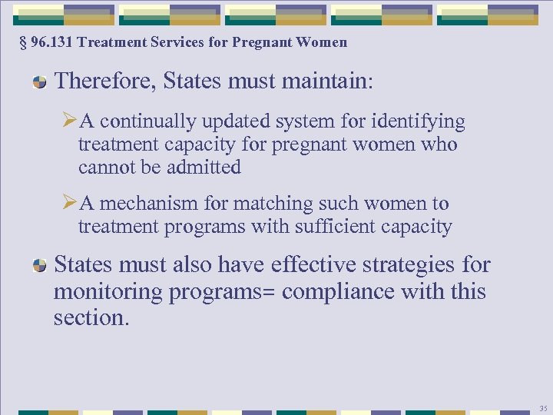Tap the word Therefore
click(x=105, y=81)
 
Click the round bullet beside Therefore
click(x=39, y=82)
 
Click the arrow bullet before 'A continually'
click(x=68, y=121)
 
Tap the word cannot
click(x=106, y=167)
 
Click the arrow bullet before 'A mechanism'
click(x=68, y=204)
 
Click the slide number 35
click(x=543, y=408)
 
